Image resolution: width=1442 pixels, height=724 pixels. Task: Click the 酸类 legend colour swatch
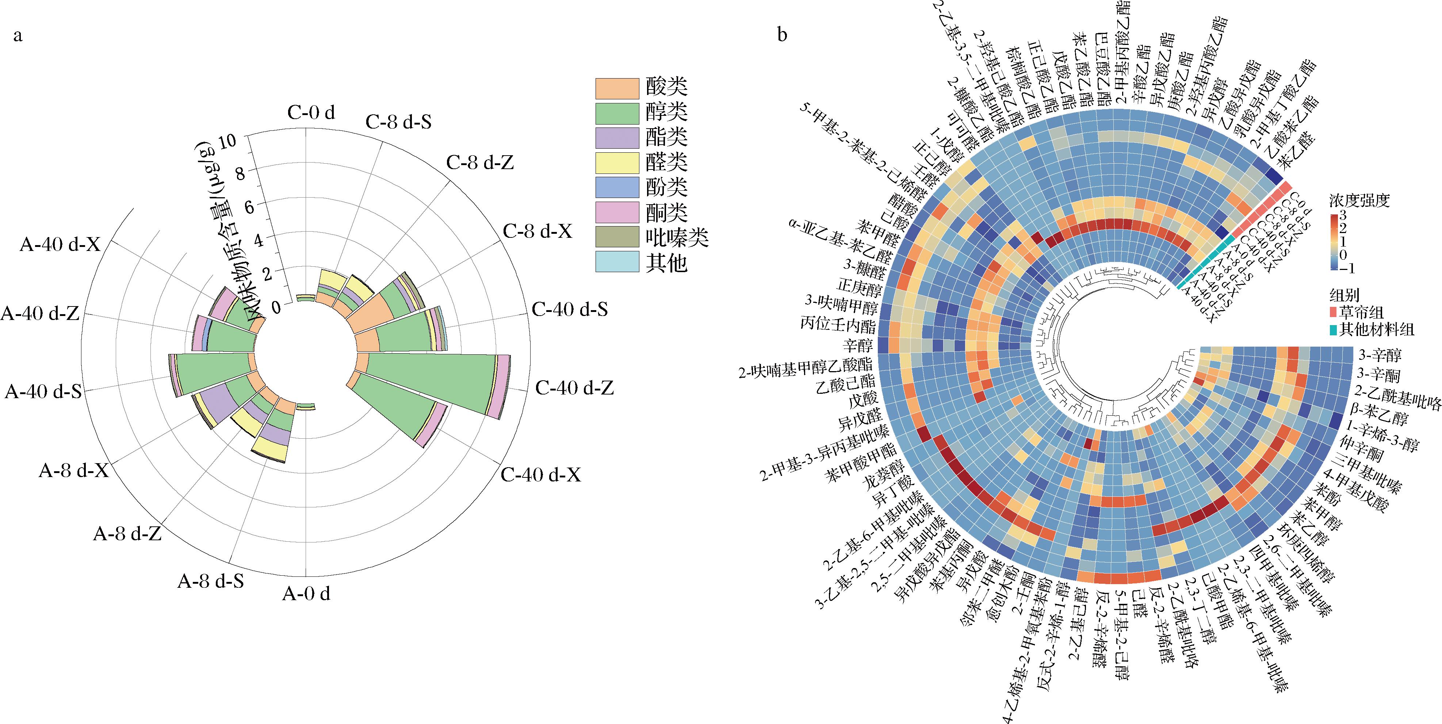pos(616,88)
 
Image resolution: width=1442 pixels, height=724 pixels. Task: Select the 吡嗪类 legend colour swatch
pos(616,237)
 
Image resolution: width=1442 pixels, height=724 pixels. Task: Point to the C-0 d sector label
pos(311,113)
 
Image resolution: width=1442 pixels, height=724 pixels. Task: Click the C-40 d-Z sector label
pos(574,388)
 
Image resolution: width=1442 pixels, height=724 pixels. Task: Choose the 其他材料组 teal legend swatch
pos(1336,329)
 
